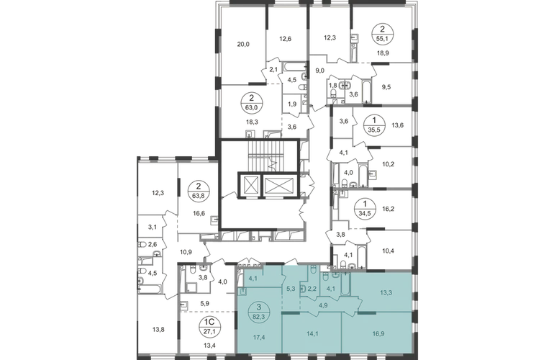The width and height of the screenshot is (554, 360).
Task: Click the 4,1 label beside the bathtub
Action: [x=330, y=290]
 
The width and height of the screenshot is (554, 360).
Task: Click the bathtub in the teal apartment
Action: [x=343, y=282]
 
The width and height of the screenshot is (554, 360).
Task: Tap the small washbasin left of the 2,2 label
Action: [x=304, y=289]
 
